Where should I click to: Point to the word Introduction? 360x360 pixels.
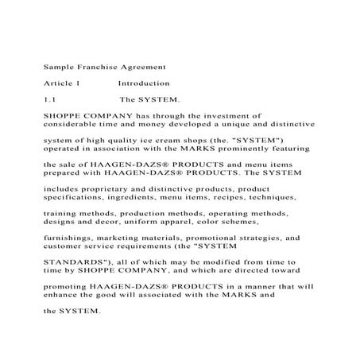[144, 83]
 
